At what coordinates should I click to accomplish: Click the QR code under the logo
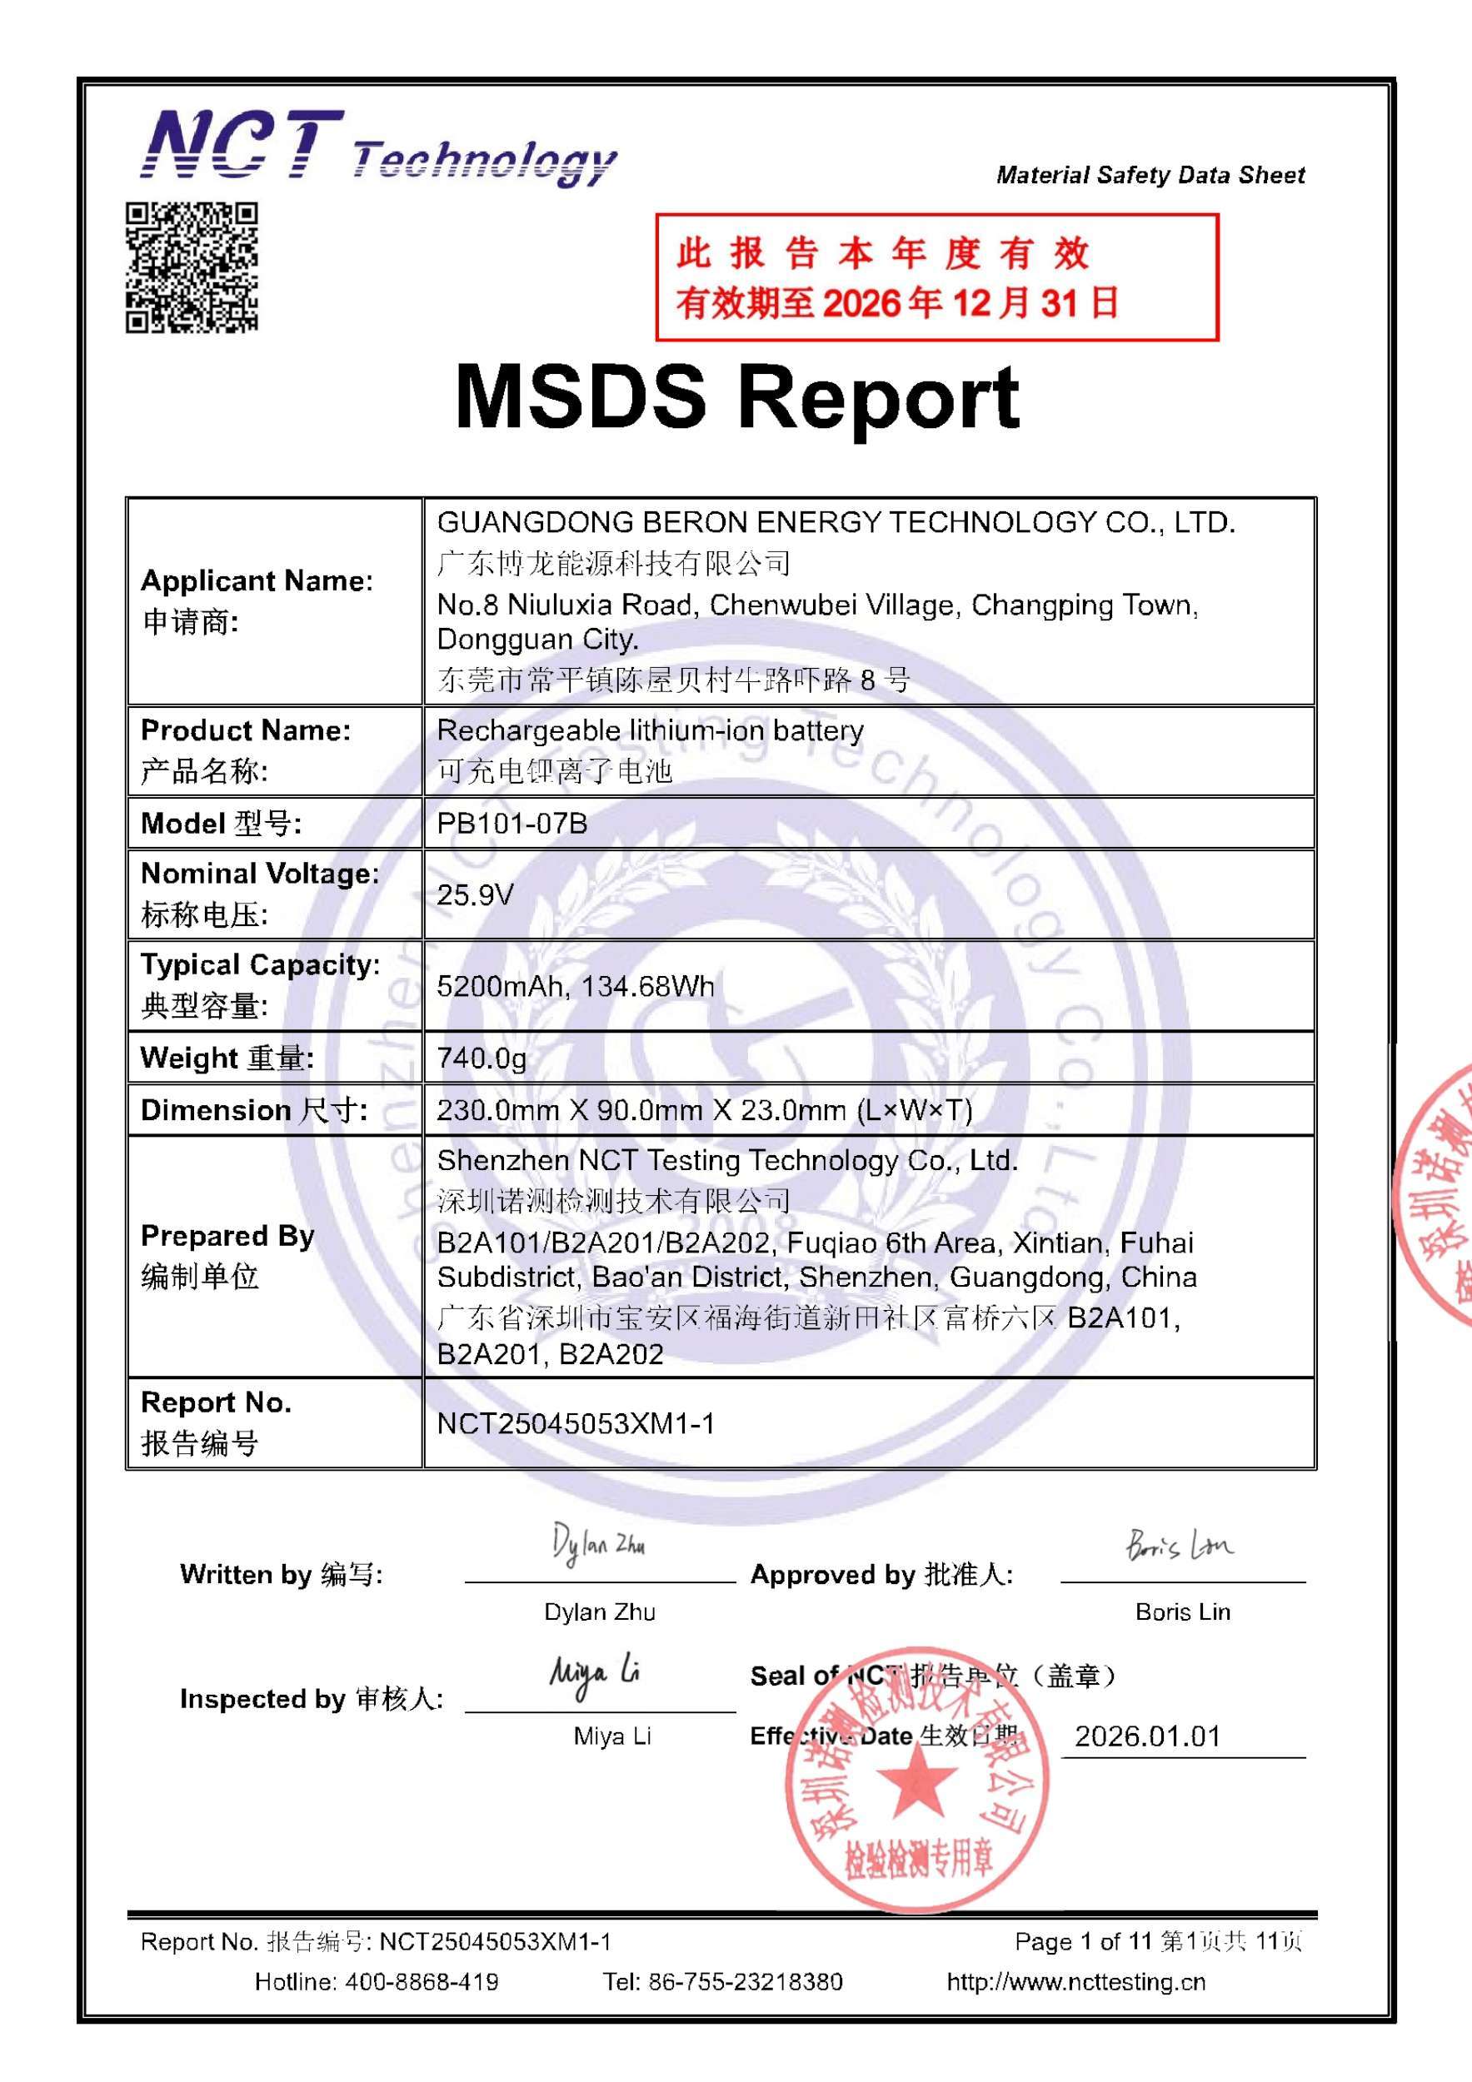tap(192, 266)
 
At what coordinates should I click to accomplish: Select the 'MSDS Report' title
tap(736, 397)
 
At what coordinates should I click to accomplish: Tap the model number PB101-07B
tap(511, 824)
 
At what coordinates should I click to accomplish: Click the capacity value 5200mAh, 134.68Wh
tap(575, 986)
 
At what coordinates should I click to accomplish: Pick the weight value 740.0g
tap(481, 1058)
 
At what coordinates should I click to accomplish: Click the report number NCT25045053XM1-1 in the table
tap(575, 1423)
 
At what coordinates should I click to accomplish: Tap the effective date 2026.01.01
tap(1147, 1736)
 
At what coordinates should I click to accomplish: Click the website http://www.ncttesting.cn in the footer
tap(1075, 1982)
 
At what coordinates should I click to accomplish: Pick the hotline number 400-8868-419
tap(421, 1982)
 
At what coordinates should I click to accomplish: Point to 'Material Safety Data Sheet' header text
tap(1150, 175)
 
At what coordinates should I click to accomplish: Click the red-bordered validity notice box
tap(936, 277)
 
